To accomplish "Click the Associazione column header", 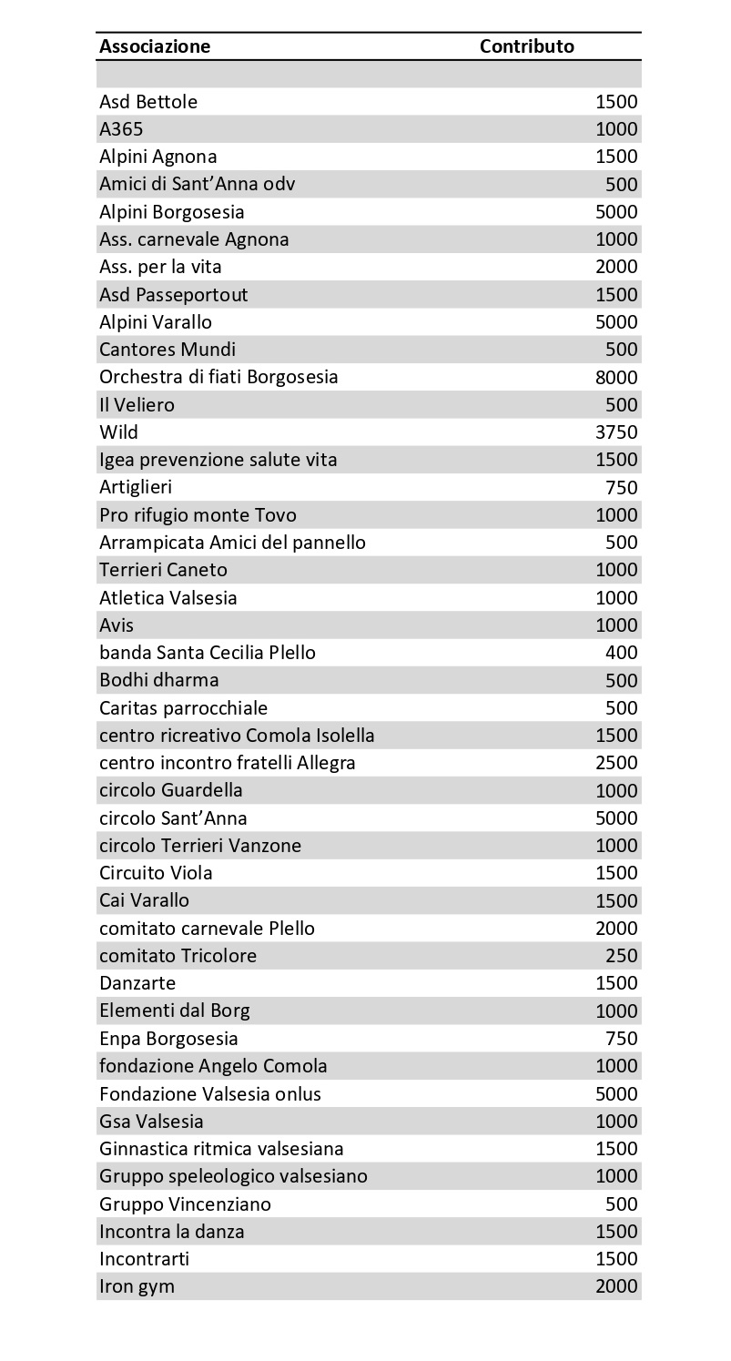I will click(155, 46).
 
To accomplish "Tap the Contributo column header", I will click(527, 46).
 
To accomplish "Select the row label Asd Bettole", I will click(148, 102).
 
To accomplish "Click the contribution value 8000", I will click(616, 377).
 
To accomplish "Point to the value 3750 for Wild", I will click(616, 432).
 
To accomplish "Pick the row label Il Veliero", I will click(137, 404).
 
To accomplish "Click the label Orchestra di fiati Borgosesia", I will click(218, 377).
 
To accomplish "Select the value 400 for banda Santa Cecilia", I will click(622, 653).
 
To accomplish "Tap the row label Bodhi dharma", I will click(159, 680).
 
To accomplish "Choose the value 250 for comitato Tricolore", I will click(622, 956).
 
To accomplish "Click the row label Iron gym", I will click(137, 1286).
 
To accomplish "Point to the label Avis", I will click(117, 625).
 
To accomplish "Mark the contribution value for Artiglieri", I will click(622, 487).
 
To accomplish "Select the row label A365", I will click(121, 129).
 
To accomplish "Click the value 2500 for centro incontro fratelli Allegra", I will click(616, 763).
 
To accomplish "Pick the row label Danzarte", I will click(137, 983).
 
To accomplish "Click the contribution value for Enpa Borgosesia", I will click(622, 1039).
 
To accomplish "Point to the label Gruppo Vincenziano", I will click(185, 1204).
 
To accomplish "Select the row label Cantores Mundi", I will click(168, 350).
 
